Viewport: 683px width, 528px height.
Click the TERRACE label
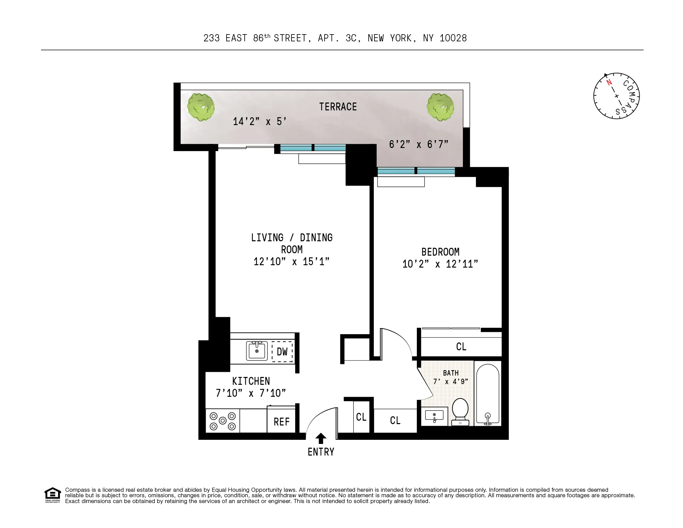coord(338,107)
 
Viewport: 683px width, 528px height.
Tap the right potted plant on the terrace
coord(440,107)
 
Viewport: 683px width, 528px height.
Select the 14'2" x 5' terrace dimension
coord(259,122)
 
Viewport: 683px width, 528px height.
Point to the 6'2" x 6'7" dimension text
coord(419,145)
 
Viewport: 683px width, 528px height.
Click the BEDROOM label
coord(440,252)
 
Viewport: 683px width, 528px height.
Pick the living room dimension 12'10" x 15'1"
coord(291,262)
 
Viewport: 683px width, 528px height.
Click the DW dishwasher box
coord(282,352)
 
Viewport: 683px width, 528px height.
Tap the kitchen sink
coord(257,351)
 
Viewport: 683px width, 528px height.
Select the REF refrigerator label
coord(282,422)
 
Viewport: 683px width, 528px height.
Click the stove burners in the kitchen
coord(223,421)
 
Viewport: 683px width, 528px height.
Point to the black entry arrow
coord(320,438)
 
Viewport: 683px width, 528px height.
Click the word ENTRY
coord(321,452)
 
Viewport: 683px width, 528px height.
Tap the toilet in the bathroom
coord(460,411)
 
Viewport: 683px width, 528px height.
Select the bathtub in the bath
coord(488,395)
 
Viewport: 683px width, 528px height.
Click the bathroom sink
coord(434,416)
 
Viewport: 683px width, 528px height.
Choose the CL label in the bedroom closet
coord(461,347)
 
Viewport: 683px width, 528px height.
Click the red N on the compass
coord(609,82)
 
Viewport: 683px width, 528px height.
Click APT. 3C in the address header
coord(339,38)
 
